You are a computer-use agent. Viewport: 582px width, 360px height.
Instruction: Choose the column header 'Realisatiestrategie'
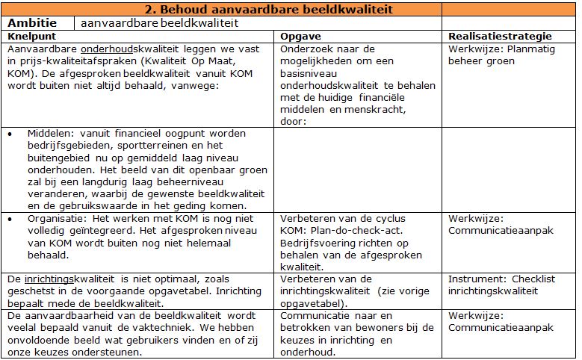[x=500, y=36]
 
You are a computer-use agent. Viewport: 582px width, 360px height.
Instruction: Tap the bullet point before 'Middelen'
[x=9, y=134]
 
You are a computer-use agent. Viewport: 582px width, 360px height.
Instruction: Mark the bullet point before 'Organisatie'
[x=9, y=219]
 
